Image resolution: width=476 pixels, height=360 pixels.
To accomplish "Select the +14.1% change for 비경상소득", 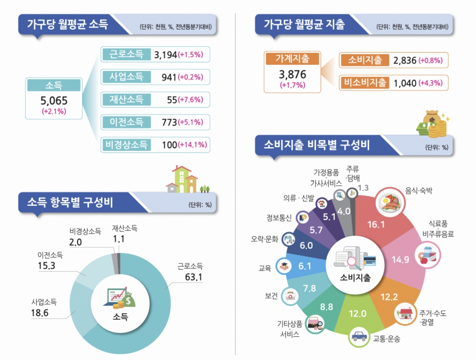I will coord(193,145).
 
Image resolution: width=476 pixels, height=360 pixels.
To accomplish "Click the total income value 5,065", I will coord(54,100).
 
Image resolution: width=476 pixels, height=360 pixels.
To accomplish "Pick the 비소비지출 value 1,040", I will coord(405,83).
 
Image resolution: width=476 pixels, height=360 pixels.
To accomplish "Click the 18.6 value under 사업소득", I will coord(40,313).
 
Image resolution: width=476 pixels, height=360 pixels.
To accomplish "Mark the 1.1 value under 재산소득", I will coord(119,239).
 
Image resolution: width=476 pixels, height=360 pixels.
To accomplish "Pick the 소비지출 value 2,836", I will coord(405,60).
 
